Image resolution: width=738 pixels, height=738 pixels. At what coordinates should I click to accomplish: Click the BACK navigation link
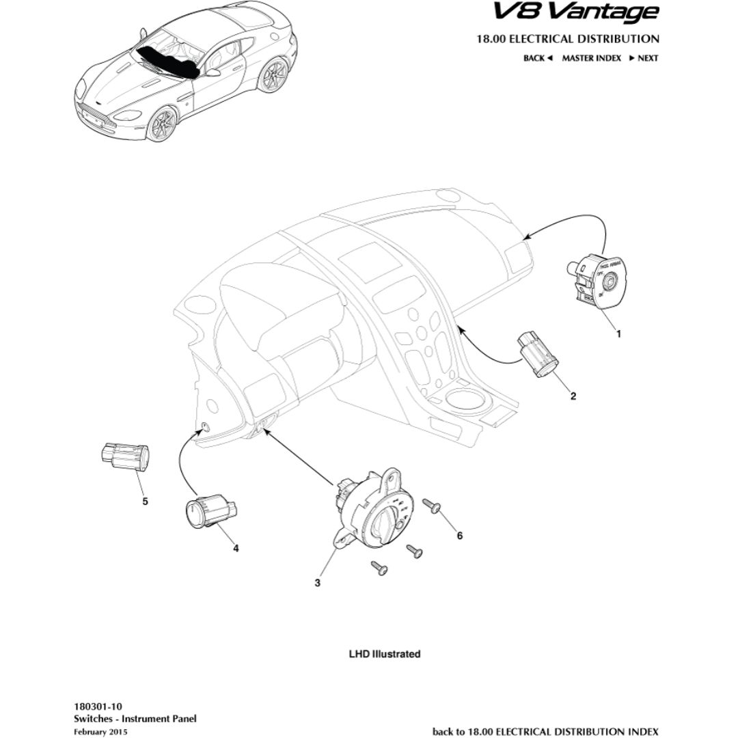pyautogui.click(x=537, y=58)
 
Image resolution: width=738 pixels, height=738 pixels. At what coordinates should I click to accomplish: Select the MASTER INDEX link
pyautogui.click(x=591, y=58)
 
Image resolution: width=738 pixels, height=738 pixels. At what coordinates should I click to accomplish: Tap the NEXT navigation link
pyautogui.click(x=644, y=58)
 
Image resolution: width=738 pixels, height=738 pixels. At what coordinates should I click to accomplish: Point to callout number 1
pyautogui.click(x=619, y=334)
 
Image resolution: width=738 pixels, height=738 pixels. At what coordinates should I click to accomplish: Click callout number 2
pyautogui.click(x=573, y=396)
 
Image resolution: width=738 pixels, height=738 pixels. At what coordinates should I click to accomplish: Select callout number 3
pyautogui.click(x=317, y=583)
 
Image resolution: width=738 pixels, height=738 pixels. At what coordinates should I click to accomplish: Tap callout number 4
pyautogui.click(x=235, y=547)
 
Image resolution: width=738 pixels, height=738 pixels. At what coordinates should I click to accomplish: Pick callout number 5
pyautogui.click(x=145, y=501)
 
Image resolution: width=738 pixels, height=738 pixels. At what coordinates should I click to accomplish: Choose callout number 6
pyautogui.click(x=459, y=536)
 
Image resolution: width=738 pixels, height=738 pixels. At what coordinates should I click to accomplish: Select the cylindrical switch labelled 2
pyautogui.click(x=538, y=352)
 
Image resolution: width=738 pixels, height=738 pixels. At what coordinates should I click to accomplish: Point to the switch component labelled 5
pyautogui.click(x=125, y=456)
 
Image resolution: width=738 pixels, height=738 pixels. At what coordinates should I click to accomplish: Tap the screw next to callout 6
pyautogui.click(x=433, y=506)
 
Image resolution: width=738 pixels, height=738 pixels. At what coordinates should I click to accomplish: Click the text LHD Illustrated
pyautogui.click(x=385, y=654)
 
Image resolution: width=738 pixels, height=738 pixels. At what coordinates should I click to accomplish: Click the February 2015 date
pyautogui.click(x=100, y=732)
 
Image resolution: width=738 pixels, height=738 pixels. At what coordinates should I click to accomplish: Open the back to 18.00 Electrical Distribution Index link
pyautogui.click(x=545, y=732)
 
